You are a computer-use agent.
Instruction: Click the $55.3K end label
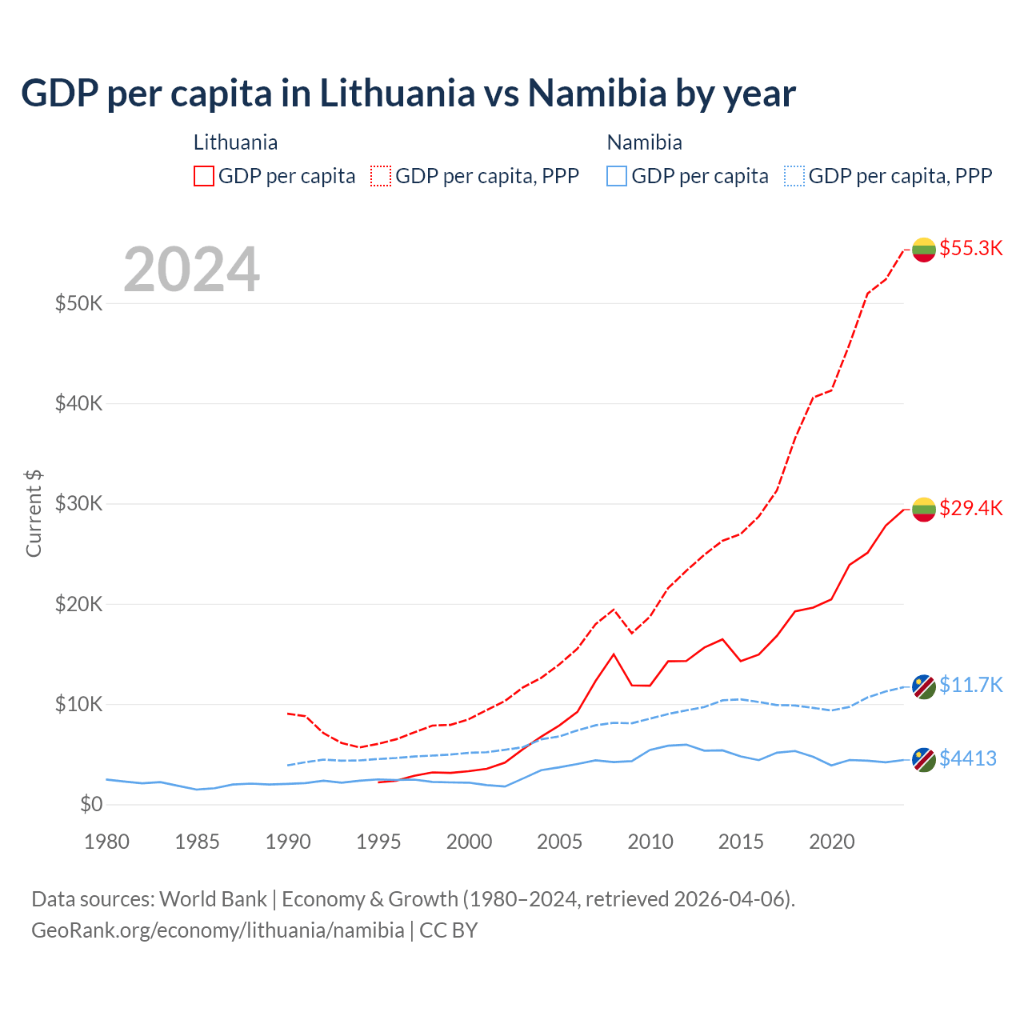(x=970, y=248)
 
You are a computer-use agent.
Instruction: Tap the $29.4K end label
(x=970, y=508)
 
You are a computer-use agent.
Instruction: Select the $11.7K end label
(x=970, y=685)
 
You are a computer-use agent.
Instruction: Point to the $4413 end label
(x=967, y=758)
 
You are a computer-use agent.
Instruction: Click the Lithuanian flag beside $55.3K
(x=924, y=250)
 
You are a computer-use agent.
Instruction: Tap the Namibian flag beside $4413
(x=924, y=759)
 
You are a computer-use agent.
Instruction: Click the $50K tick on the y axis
(x=78, y=303)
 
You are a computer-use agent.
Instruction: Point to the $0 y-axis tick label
(x=91, y=804)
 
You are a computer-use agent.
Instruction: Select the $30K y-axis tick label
(x=78, y=504)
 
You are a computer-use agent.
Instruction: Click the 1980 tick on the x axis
(x=106, y=842)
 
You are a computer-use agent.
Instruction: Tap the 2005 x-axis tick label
(x=560, y=842)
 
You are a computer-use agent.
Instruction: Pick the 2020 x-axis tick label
(x=832, y=842)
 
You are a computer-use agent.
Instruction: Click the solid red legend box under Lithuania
(x=204, y=176)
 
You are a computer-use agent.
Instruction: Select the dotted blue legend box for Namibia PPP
(x=794, y=176)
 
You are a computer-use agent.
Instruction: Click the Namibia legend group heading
(x=644, y=142)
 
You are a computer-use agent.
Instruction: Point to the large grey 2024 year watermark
(x=192, y=269)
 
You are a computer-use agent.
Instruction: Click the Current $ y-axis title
(x=34, y=514)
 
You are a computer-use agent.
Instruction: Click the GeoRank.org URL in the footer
(x=218, y=930)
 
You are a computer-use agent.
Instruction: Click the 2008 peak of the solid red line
(x=614, y=654)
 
